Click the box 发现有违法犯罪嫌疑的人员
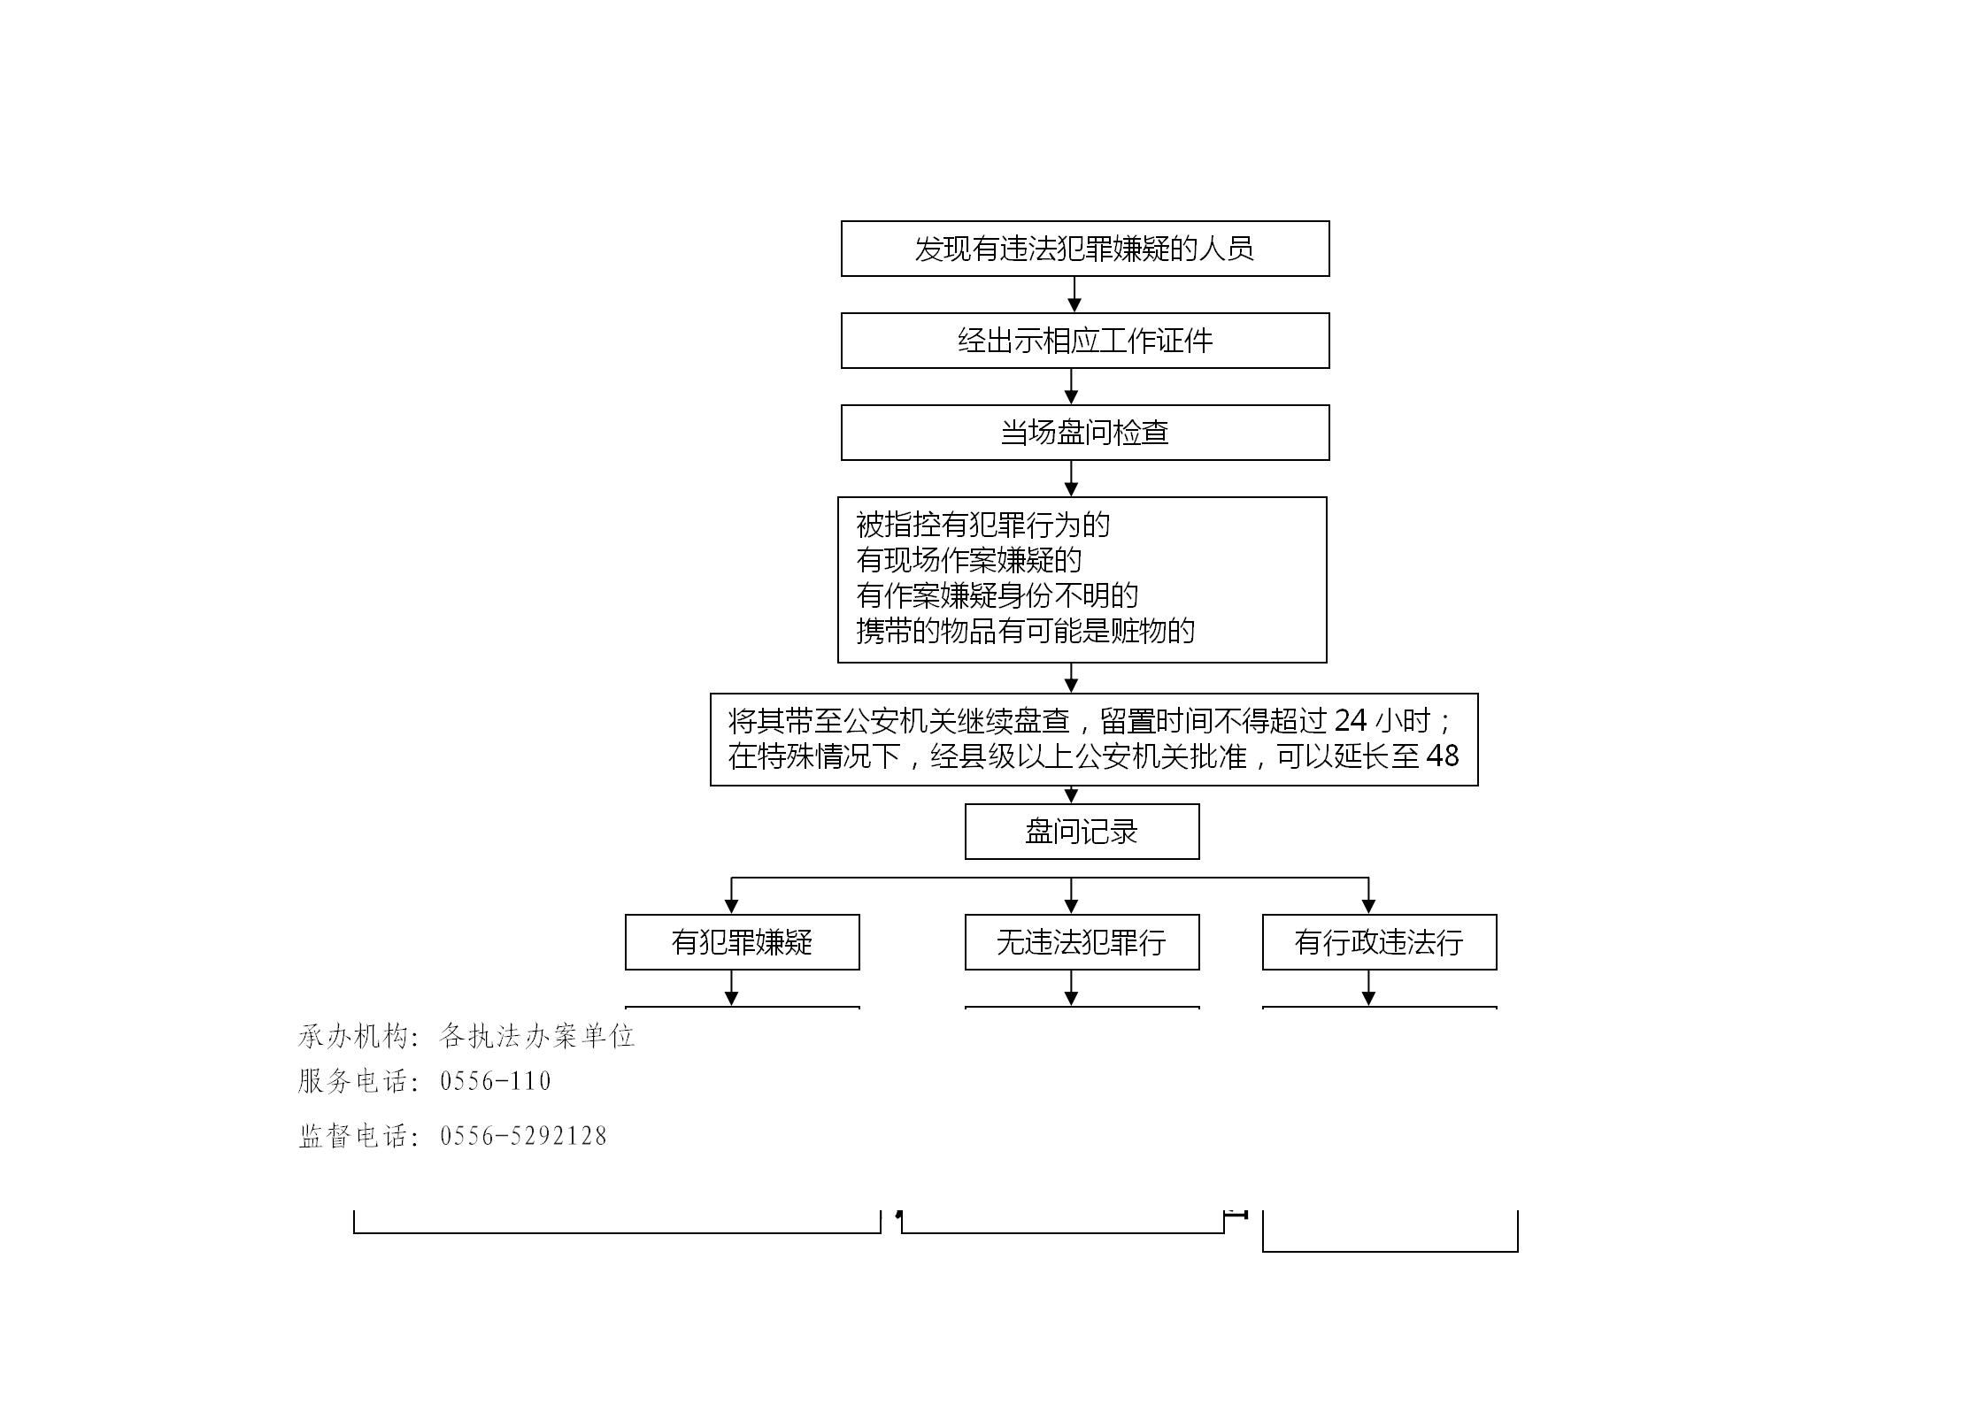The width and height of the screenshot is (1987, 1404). coord(1085,249)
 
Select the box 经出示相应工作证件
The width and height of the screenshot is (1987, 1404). coord(1085,341)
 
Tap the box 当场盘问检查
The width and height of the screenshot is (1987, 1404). coord(1085,433)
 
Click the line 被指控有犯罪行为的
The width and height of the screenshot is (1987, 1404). coord(982,525)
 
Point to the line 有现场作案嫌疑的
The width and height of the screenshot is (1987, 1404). coord(968,560)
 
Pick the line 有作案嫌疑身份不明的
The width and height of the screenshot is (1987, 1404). coord(997,595)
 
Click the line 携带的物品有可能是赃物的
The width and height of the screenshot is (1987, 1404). coord(1025,631)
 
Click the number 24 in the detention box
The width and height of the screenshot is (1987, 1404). coord(1351,721)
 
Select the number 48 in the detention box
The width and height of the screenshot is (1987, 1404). coord(1443,756)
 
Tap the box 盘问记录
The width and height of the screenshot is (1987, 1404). coord(1082,832)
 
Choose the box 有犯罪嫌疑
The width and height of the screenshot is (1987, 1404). coord(742,942)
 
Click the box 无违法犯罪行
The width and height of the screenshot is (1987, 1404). coord(1082,942)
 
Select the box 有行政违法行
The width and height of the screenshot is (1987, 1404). coord(1379,942)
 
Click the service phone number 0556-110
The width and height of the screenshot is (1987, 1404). coord(496,1081)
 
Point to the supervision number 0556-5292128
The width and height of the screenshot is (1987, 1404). coord(523,1136)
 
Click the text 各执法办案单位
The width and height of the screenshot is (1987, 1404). coord(537,1036)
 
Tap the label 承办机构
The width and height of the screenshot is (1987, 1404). coord(353,1036)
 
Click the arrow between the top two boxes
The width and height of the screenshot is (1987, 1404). coord(1074,295)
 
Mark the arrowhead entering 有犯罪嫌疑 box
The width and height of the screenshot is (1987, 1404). coord(731,907)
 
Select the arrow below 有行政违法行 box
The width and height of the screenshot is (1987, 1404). coord(1368,988)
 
